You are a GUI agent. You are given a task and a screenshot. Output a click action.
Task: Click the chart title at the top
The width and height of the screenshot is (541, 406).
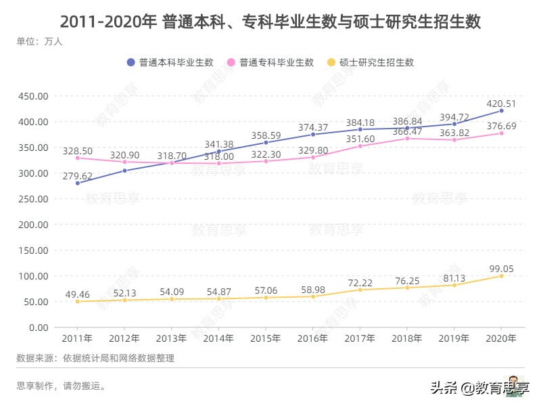tap(270, 21)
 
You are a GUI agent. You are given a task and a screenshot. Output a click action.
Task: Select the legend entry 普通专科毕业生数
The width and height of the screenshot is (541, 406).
tap(270, 62)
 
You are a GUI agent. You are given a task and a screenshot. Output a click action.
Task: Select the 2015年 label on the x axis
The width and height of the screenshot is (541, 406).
tap(266, 338)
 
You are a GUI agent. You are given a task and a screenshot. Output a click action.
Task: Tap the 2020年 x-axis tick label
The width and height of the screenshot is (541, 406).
tap(501, 338)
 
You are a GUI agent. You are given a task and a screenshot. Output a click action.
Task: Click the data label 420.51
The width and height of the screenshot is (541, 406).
tap(501, 104)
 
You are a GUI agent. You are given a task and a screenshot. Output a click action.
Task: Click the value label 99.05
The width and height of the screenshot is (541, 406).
tap(501, 269)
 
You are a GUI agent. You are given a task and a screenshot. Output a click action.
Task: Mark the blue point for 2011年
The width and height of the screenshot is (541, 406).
tap(78, 183)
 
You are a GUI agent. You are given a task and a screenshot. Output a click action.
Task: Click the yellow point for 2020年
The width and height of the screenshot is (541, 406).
tap(501, 276)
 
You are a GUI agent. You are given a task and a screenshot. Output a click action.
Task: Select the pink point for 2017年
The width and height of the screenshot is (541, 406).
tap(360, 146)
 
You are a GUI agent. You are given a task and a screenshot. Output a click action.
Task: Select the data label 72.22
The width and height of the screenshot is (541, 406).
tap(360, 281)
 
